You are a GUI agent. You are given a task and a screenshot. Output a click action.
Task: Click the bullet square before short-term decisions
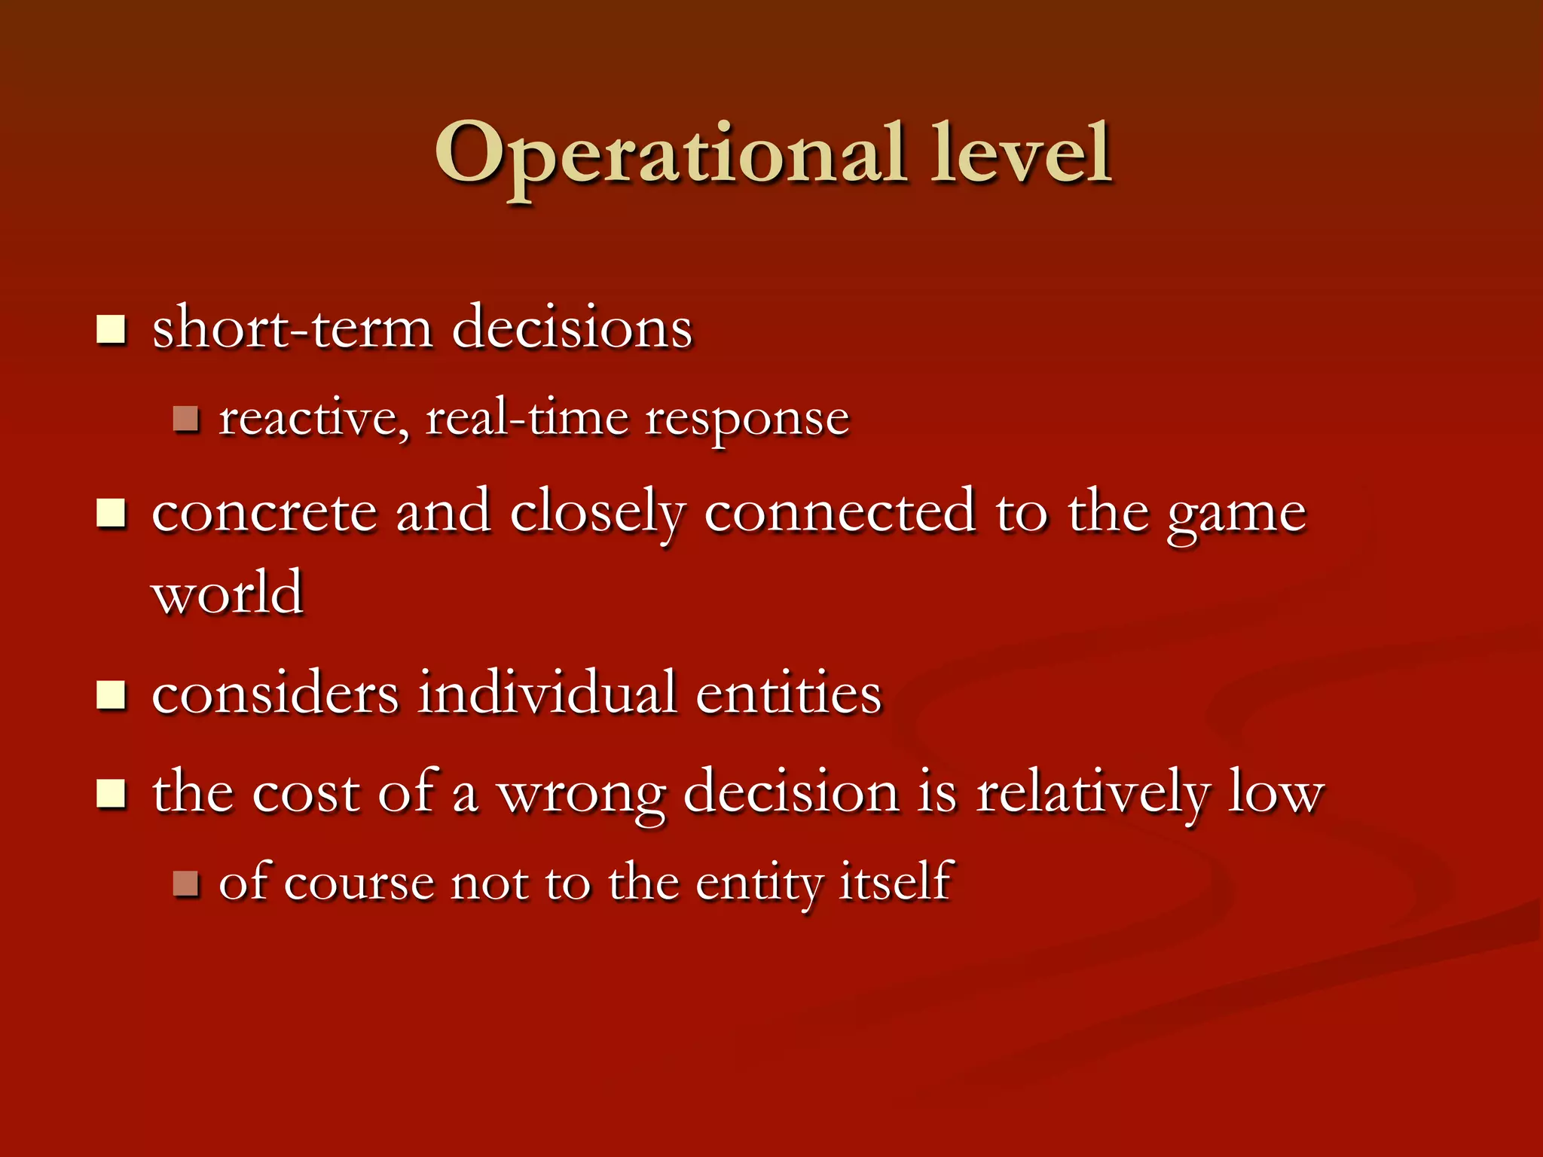[x=112, y=329]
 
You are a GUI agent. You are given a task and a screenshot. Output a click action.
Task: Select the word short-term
[x=292, y=329]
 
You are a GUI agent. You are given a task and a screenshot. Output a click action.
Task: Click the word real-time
[x=527, y=419]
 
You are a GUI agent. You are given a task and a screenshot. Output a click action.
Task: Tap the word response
[x=747, y=420]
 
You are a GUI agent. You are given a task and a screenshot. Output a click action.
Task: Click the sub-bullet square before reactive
[x=185, y=419]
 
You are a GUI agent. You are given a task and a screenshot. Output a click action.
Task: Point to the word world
[x=228, y=593]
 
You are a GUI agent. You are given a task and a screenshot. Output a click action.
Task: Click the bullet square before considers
[x=112, y=695]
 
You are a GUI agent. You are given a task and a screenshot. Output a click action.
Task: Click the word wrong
[x=582, y=795]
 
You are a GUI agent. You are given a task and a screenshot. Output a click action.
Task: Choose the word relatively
[x=1092, y=794]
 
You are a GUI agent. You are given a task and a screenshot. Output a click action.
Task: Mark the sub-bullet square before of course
[x=185, y=883]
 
